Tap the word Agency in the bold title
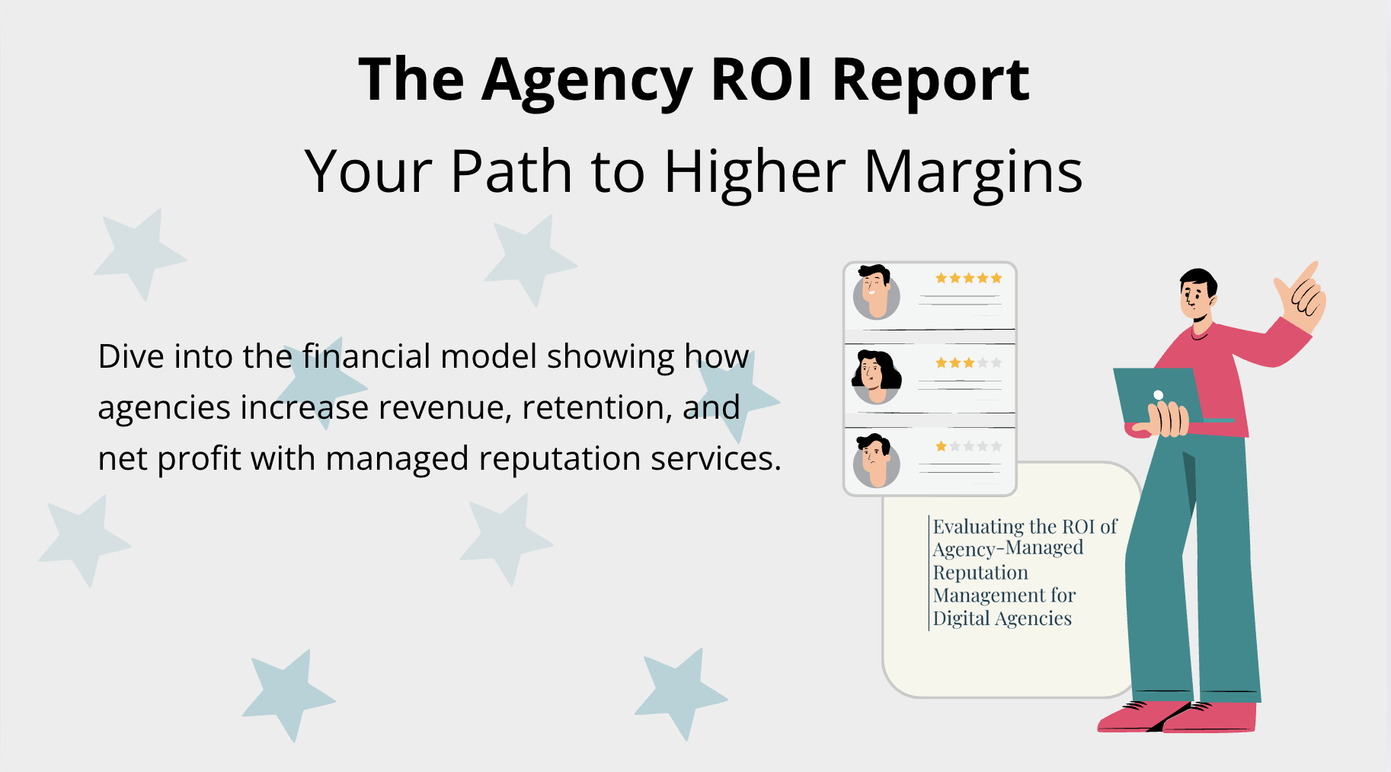(x=587, y=81)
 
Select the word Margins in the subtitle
(x=973, y=172)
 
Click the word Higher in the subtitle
(x=754, y=172)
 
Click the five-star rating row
(x=968, y=279)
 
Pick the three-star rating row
(x=968, y=363)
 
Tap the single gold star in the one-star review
(x=941, y=447)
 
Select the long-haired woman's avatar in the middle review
(x=876, y=377)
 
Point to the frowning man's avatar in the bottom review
(x=876, y=461)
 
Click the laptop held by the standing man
(x=1158, y=396)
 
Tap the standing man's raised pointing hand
(x=1303, y=297)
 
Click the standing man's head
(x=1198, y=293)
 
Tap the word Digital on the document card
(x=961, y=618)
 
